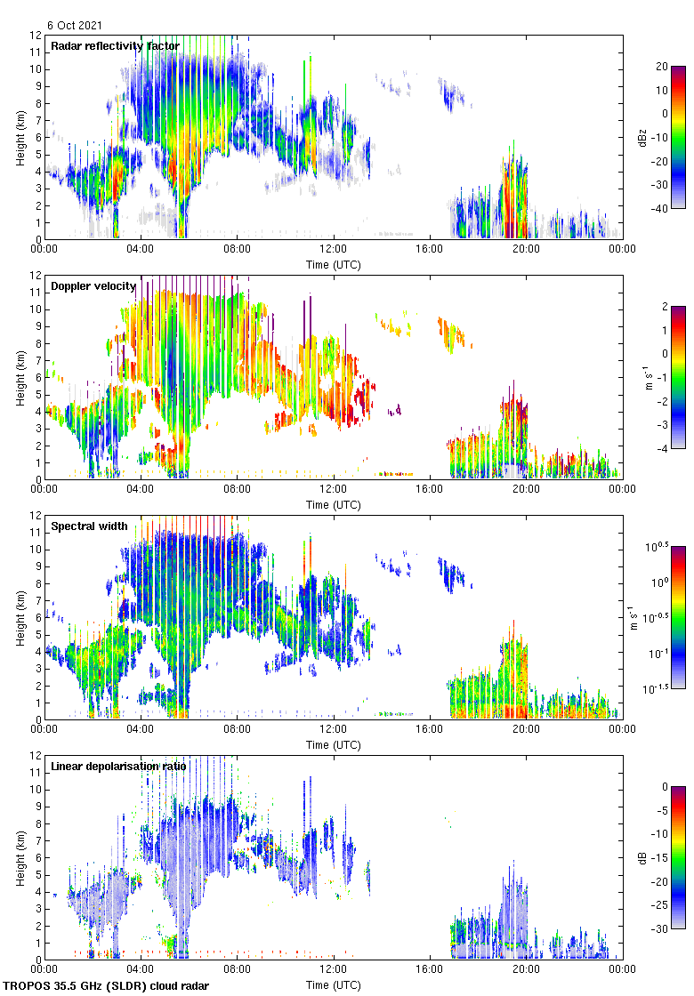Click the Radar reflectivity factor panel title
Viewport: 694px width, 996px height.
pos(115,46)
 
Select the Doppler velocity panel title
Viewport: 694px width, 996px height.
pos(93,286)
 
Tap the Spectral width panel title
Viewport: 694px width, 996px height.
pos(90,526)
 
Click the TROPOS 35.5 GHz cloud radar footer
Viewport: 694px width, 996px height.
pos(107,986)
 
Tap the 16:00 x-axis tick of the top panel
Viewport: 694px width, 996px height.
pos(430,250)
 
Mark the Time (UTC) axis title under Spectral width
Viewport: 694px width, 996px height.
pos(334,744)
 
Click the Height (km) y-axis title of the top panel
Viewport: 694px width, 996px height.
pos(20,137)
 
